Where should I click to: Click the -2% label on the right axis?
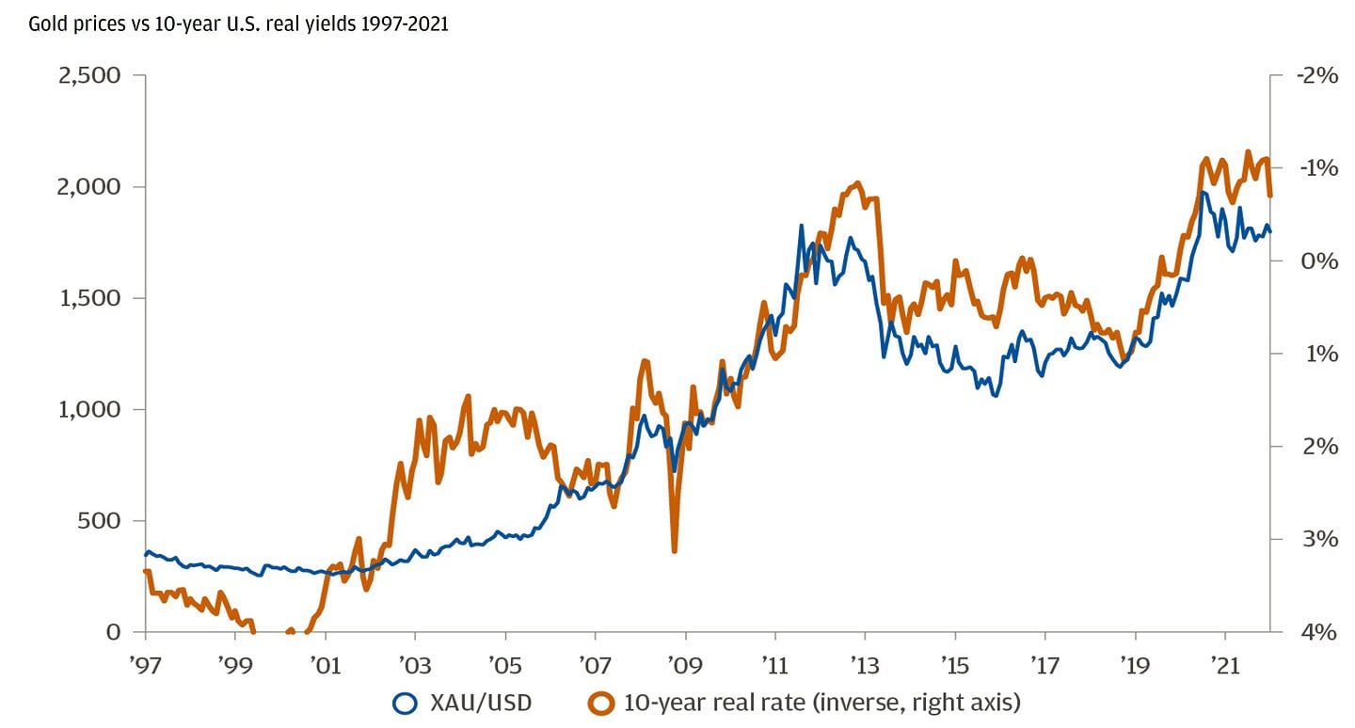pyautogui.click(x=1315, y=75)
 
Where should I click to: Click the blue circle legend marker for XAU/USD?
pyautogui.click(x=406, y=702)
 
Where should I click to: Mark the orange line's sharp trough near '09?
pyautogui.click(x=675, y=550)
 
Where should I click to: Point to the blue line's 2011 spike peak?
pyautogui.click(x=801, y=226)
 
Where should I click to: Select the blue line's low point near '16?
pyautogui.click(x=996, y=395)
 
